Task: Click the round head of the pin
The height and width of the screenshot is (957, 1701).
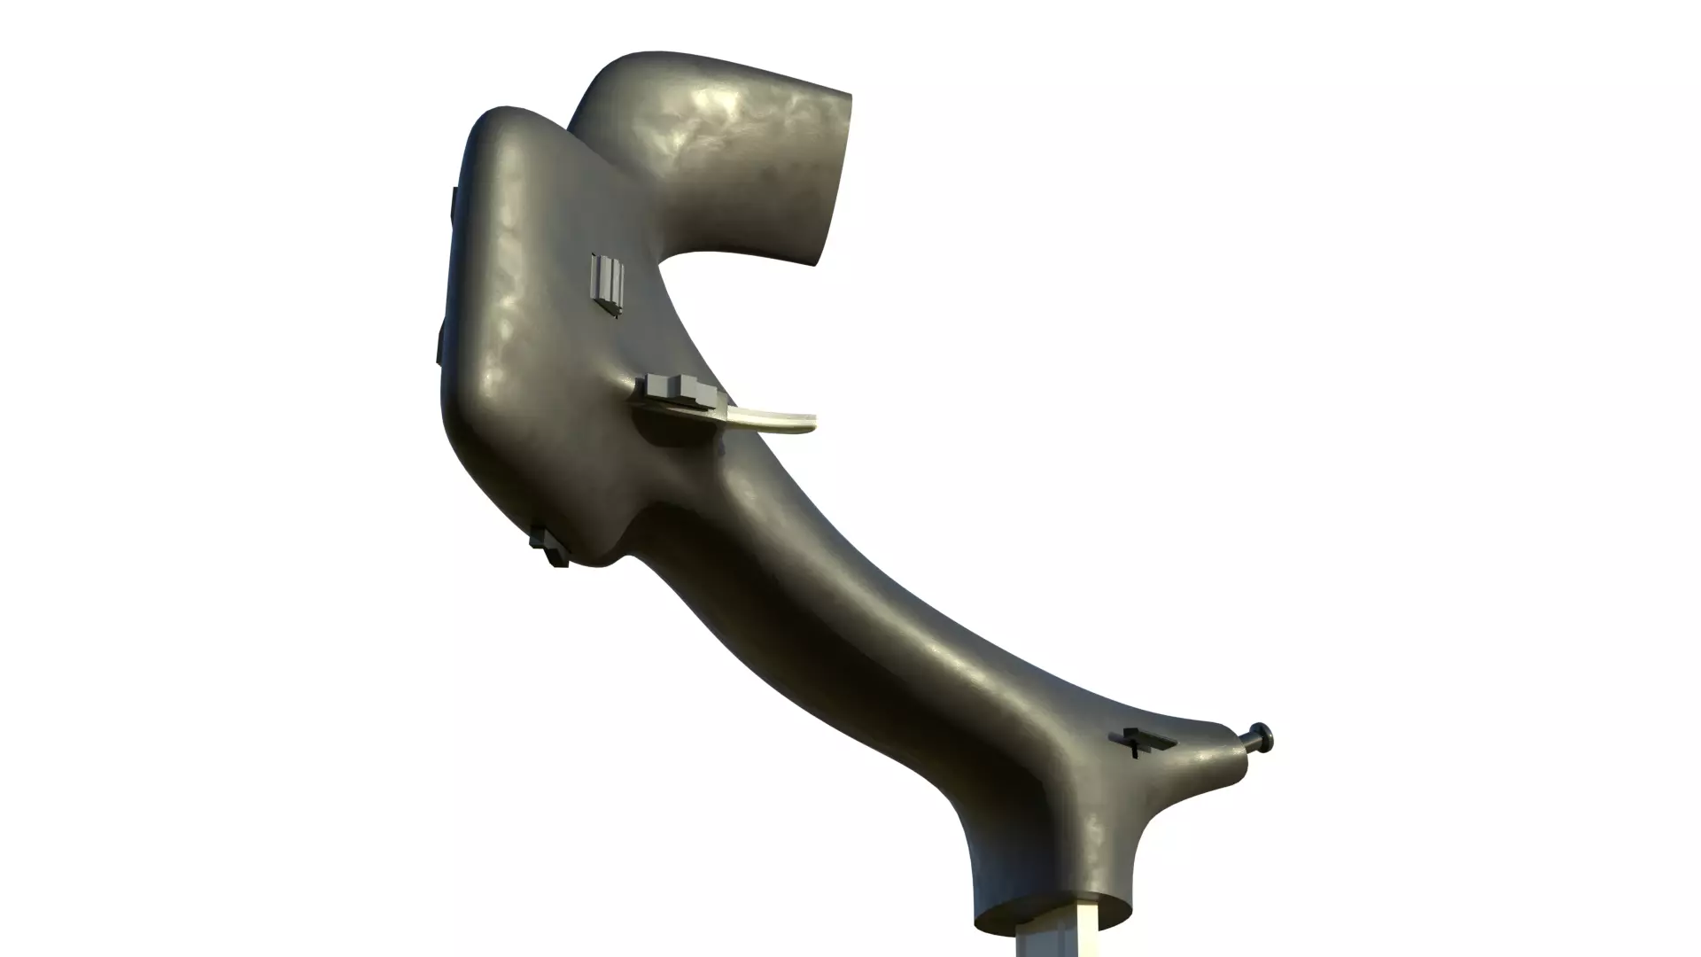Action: [x=1262, y=735]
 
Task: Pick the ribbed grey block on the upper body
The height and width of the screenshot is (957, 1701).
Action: [x=609, y=284]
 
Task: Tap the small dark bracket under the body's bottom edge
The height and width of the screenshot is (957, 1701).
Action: [x=550, y=545]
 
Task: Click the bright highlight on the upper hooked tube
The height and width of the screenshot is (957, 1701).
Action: [x=709, y=124]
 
